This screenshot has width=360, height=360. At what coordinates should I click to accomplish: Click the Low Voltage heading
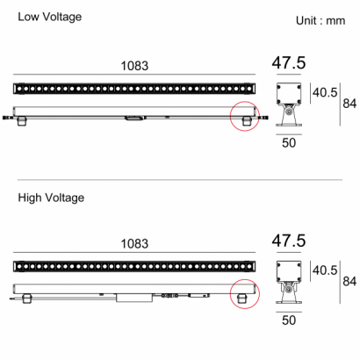pos(50,17)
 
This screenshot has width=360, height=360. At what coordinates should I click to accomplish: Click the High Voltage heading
pos(51,198)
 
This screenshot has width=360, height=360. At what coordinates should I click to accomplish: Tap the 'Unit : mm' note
pos(320,21)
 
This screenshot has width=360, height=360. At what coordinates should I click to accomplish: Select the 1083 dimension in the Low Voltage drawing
pos(134,66)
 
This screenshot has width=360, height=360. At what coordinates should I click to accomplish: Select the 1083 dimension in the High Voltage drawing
pos(134,243)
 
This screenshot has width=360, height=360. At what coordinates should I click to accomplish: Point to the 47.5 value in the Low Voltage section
pos(289,62)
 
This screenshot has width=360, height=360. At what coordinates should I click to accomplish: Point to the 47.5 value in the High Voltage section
pos(289,241)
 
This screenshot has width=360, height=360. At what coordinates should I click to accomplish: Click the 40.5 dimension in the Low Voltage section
pos(325,93)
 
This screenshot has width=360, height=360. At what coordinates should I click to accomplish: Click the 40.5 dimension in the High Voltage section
pos(325,270)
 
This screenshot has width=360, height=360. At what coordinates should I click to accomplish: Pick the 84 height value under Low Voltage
pos(349,104)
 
